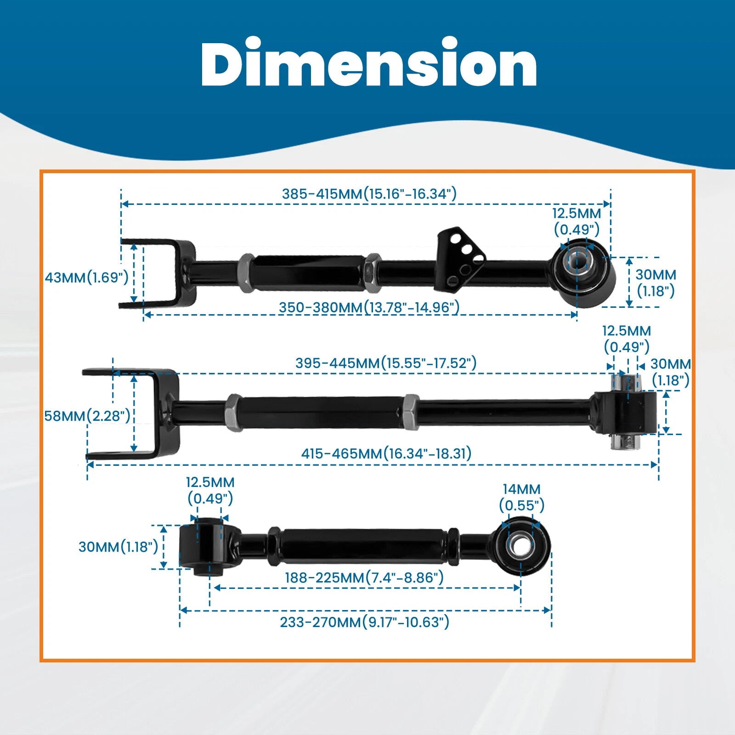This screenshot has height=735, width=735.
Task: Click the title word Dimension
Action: click(x=369, y=63)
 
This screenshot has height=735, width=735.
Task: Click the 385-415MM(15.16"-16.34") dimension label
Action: click(x=369, y=194)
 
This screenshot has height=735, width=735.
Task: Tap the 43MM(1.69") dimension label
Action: click(x=87, y=277)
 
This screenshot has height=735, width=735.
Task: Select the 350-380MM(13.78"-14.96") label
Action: click(x=369, y=307)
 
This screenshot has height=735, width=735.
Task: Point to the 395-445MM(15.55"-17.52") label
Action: click(x=386, y=363)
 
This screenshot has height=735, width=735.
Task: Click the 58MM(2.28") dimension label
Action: click(x=87, y=416)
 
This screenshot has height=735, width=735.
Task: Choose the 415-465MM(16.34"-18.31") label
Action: click(x=386, y=453)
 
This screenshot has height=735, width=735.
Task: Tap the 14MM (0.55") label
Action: click(x=522, y=498)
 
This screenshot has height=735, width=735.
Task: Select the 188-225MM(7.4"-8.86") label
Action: click(x=364, y=577)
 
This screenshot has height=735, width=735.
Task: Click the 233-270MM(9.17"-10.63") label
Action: click(x=365, y=622)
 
